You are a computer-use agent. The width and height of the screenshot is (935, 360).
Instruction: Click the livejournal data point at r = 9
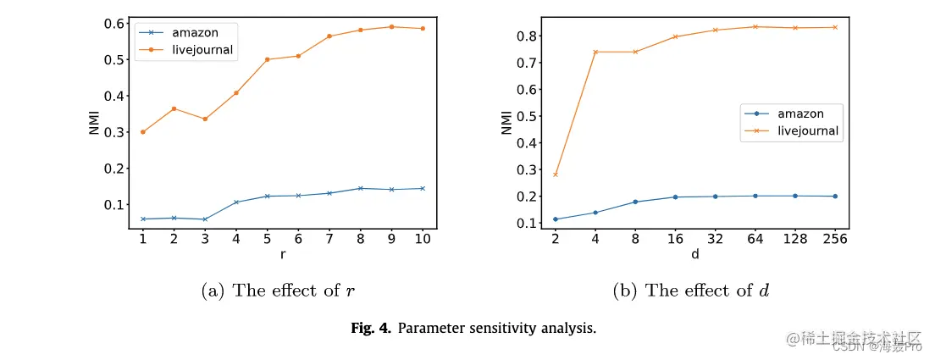391,26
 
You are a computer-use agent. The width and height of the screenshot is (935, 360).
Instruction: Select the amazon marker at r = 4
236,202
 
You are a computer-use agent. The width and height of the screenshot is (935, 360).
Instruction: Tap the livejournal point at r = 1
143,132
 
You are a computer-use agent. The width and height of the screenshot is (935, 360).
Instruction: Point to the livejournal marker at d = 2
556,174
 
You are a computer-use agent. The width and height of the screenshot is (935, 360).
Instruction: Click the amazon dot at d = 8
635,202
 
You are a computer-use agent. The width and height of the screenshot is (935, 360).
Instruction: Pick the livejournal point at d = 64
755,26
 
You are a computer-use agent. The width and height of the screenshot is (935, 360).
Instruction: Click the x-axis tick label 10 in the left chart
423,240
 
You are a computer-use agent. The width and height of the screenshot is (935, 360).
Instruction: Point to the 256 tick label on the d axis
835,240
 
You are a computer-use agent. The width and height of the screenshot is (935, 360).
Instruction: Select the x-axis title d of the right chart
694,252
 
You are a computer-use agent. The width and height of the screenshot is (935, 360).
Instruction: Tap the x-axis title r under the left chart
282,252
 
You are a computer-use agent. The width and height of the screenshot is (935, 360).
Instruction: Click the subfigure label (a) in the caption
213,291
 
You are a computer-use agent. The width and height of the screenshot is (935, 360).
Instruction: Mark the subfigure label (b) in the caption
626,291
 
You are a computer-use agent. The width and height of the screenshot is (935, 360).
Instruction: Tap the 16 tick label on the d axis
675,240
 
